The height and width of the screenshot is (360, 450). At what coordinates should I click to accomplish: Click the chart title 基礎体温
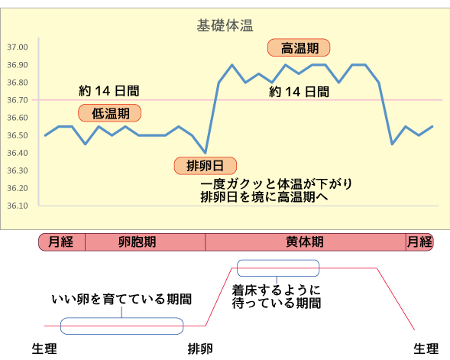coord(225,25)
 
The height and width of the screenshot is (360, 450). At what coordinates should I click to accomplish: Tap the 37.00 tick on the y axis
coord(18,47)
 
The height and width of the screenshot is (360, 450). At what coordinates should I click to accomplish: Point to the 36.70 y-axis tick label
coord(18,100)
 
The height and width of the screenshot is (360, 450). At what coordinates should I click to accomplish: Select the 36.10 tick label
coord(18,206)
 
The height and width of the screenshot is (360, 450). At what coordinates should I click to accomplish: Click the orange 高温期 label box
coord(299,47)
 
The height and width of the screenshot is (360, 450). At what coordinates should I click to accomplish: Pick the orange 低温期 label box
coord(109,113)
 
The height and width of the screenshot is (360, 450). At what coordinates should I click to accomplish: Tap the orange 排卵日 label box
coord(206,166)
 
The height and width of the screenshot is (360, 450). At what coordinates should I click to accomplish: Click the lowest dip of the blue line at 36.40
coord(206,152)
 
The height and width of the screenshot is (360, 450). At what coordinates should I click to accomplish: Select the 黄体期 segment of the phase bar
coord(306,242)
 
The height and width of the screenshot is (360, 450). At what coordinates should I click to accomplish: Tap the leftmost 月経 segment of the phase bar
coord(62,242)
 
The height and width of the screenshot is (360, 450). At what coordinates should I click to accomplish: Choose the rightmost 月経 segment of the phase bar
coord(419,242)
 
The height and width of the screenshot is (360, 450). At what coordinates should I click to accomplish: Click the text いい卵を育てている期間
coord(121,299)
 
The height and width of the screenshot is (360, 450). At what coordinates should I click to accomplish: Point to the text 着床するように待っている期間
coord(277,297)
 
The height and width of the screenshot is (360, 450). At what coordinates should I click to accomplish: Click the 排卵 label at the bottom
coord(200,349)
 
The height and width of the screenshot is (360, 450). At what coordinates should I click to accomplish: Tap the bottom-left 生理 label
coord(44,349)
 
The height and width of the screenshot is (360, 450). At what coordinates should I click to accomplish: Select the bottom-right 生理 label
coord(426,349)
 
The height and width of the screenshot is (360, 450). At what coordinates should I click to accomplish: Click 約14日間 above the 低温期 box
coord(109,91)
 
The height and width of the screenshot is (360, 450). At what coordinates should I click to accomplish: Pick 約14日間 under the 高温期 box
coord(299,92)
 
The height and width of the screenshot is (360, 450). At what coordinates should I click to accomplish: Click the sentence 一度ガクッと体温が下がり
coord(277,184)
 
